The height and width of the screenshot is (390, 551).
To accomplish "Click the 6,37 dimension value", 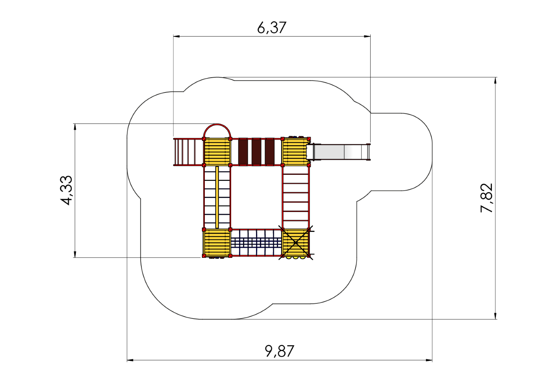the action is [x=272, y=27].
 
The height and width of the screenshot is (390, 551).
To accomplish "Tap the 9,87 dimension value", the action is [x=279, y=351].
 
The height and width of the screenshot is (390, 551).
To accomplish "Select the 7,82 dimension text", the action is [x=487, y=198].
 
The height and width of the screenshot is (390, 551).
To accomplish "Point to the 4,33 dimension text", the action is [x=66, y=190].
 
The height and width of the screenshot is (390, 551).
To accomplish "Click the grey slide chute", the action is [x=339, y=152].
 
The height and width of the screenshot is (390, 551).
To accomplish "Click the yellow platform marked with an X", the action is [x=295, y=243].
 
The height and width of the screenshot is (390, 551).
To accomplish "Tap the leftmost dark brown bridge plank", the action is [x=243, y=152].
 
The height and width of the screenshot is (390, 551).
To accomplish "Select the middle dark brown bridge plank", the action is [x=256, y=152].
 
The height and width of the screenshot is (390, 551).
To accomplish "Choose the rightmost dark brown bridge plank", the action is [x=270, y=152].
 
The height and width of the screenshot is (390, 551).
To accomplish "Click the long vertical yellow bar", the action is [x=217, y=197].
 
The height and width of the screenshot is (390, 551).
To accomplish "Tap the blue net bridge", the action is [x=256, y=243].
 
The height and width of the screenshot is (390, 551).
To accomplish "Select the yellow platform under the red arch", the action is [x=217, y=152].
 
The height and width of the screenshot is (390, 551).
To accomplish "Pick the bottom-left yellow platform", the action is [x=217, y=243].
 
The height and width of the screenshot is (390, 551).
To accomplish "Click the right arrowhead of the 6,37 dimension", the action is [x=367, y=36].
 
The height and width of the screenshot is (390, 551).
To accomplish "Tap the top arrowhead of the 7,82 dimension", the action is [x=495, y=81].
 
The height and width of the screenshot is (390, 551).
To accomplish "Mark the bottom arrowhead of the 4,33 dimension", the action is [x=75, y=254].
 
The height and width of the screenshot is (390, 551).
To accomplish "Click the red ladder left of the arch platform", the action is [x=189, y=152].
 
